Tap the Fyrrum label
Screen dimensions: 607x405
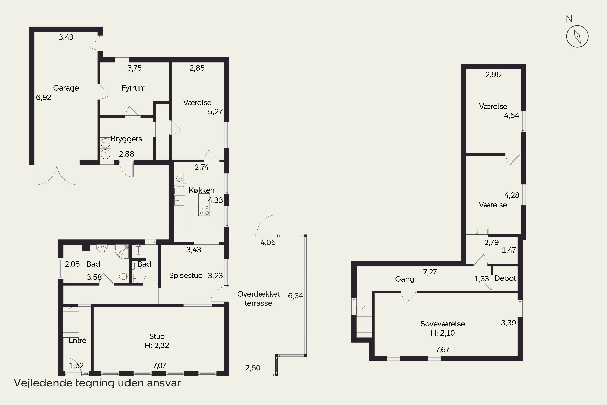[x=134, y=88]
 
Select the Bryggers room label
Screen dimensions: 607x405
[x=126, y=139]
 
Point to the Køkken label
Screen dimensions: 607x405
[x=202, y=190]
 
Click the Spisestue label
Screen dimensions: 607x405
[x=186, y=276]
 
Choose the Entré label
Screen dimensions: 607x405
[x=77, y=340]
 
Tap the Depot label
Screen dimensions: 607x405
[x=505, y=278]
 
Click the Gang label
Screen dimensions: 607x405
[x=404, y=279]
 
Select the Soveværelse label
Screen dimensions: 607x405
[x=443, y=324]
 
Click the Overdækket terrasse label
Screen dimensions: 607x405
[x=258, y=298]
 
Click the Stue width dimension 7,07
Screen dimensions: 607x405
[x=159, y=366]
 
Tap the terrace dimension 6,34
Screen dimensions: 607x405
[x=295, y=296]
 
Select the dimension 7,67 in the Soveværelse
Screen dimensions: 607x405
[x=443, y=350]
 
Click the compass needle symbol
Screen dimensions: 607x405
[x=577, y=36]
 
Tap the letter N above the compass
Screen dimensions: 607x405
[x=569, y=19]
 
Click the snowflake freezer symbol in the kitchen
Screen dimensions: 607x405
[x=179, y=178]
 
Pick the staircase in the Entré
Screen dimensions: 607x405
[x=71, y=322]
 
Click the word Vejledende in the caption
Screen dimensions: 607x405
[x=43, y=383]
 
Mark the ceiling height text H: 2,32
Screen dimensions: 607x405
[x=157, y=345]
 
